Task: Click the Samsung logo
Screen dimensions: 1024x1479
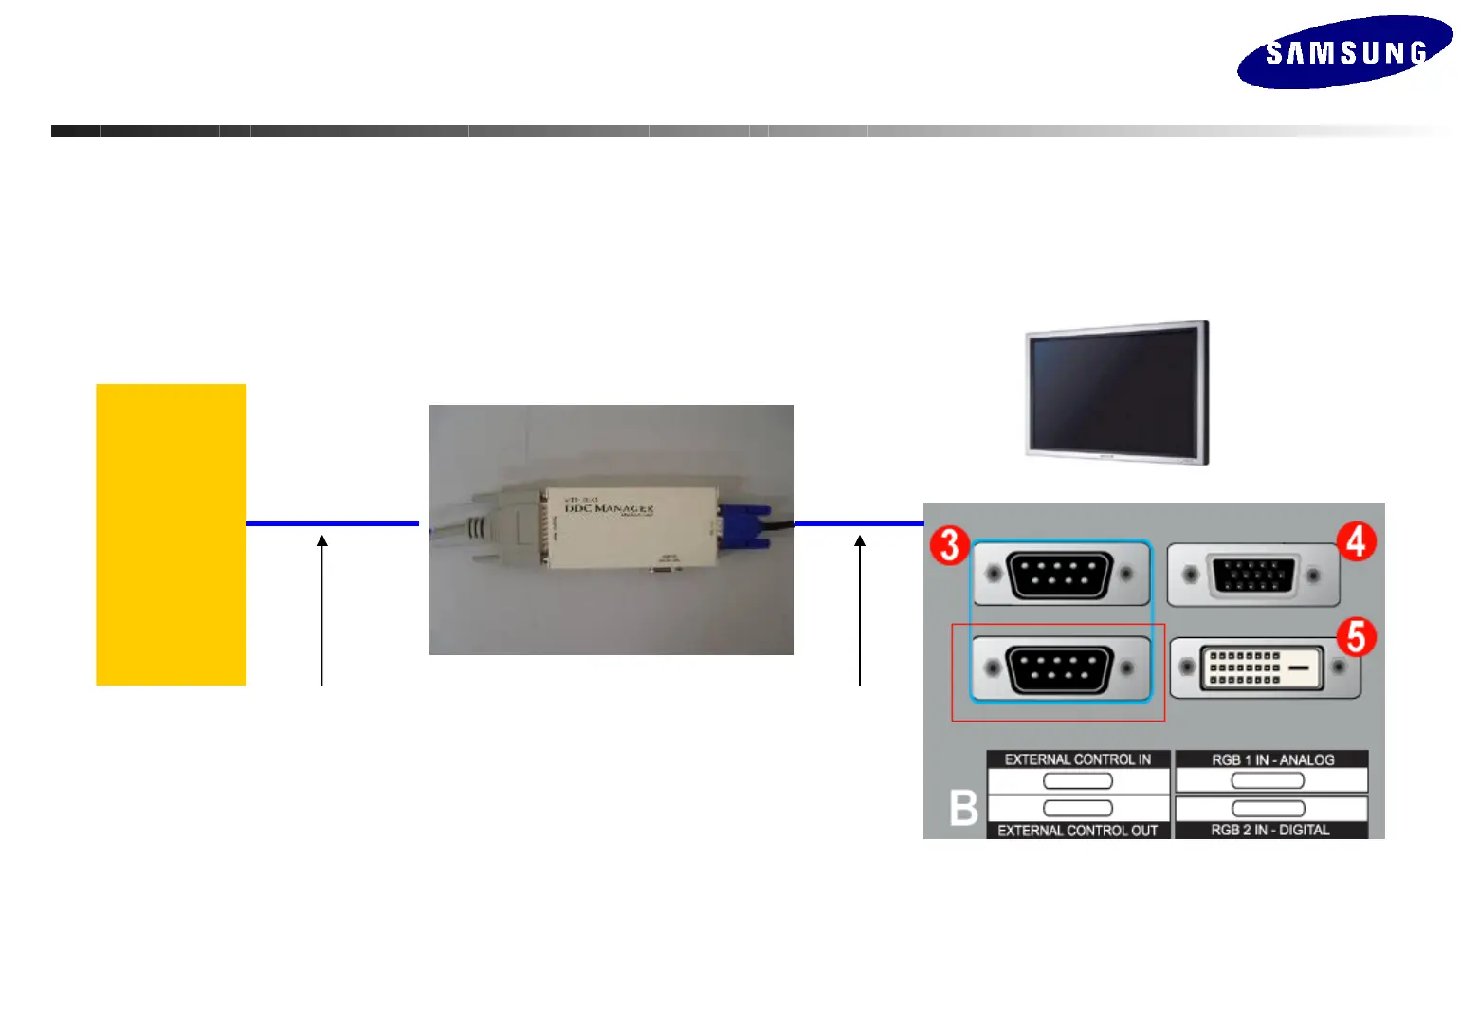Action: pyautogui.click(x=1344, y=52)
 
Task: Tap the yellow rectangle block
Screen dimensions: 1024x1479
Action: pyautogui.click(x=171, y=534)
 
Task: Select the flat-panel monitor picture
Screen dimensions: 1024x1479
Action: pyautogui.click(x=1117, y=392)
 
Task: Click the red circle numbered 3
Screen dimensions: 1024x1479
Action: pyautogui.click(x=949, y=546)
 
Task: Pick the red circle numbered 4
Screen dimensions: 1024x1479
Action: pyautogui.click(x=1357, y=541)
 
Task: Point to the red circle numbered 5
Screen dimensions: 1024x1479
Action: pyautogui.click(x=1357, y=637)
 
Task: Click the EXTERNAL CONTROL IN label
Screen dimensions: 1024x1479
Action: pyautogui.click(x=1077, y=759)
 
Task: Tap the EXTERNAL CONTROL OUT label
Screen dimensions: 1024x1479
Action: pyautogui.click(x=1077, y=831)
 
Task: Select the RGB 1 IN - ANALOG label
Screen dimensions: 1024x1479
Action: pyautogui.click(x=1272, y=759)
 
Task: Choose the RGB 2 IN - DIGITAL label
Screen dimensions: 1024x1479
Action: pyautogui.click(x=1270, y=831)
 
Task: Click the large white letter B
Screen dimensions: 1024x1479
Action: pyautogui.click(x=963, y=809)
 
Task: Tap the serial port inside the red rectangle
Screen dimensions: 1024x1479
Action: pyautogui.click(x=1059, y=669)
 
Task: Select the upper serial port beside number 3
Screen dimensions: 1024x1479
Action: pyautogui.click(x=1059, y=575)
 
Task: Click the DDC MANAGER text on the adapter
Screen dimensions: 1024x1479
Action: pyautogui.click(x=609, y=509)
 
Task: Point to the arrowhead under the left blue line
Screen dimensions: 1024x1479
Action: pyautogui.click(x=322, y=541)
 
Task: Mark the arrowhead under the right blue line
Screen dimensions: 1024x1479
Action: pyautogui.click(x=860, y=541)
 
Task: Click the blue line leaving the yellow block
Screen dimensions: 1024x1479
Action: pyautogui.click(x=332, y=523)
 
